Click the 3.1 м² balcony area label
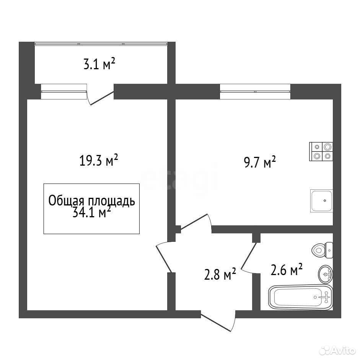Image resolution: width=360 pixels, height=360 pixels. coord(99,64)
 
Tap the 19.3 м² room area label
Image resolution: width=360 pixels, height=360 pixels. coord(98,160)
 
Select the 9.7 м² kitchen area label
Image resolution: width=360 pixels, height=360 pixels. coord(260,162)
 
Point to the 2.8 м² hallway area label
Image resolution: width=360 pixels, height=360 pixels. coord(220,274)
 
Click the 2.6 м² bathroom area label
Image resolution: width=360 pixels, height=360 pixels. coord(287,269)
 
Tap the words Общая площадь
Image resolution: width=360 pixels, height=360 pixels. coord(91,201)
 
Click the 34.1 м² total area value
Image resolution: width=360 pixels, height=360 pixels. coord(92,212)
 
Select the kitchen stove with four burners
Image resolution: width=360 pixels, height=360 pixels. coord(321,151)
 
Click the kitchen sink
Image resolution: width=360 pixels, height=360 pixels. coord(321,201)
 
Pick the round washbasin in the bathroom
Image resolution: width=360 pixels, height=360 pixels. coord(325,274)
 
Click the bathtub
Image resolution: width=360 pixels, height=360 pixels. coord(301,297)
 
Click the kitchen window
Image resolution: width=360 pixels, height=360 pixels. coord(255,91)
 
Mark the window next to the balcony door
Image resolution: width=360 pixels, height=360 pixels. coord(64,91)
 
